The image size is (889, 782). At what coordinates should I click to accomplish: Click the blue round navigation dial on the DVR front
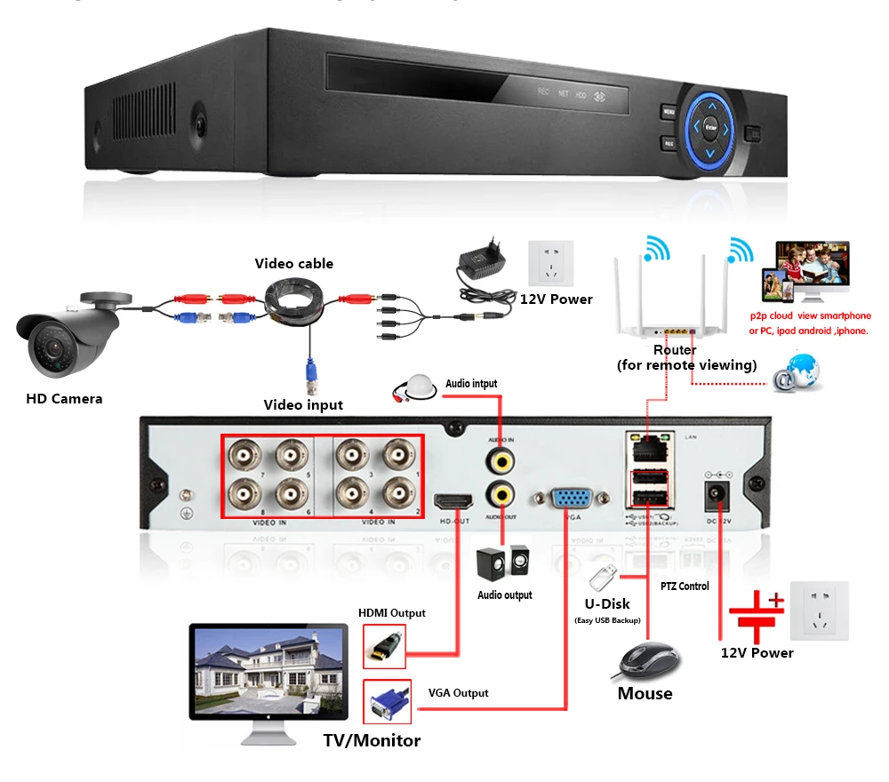click(710, 128)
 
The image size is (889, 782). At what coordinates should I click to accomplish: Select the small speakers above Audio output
click(503, 563)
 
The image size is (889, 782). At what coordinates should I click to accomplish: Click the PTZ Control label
click(685, 586)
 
